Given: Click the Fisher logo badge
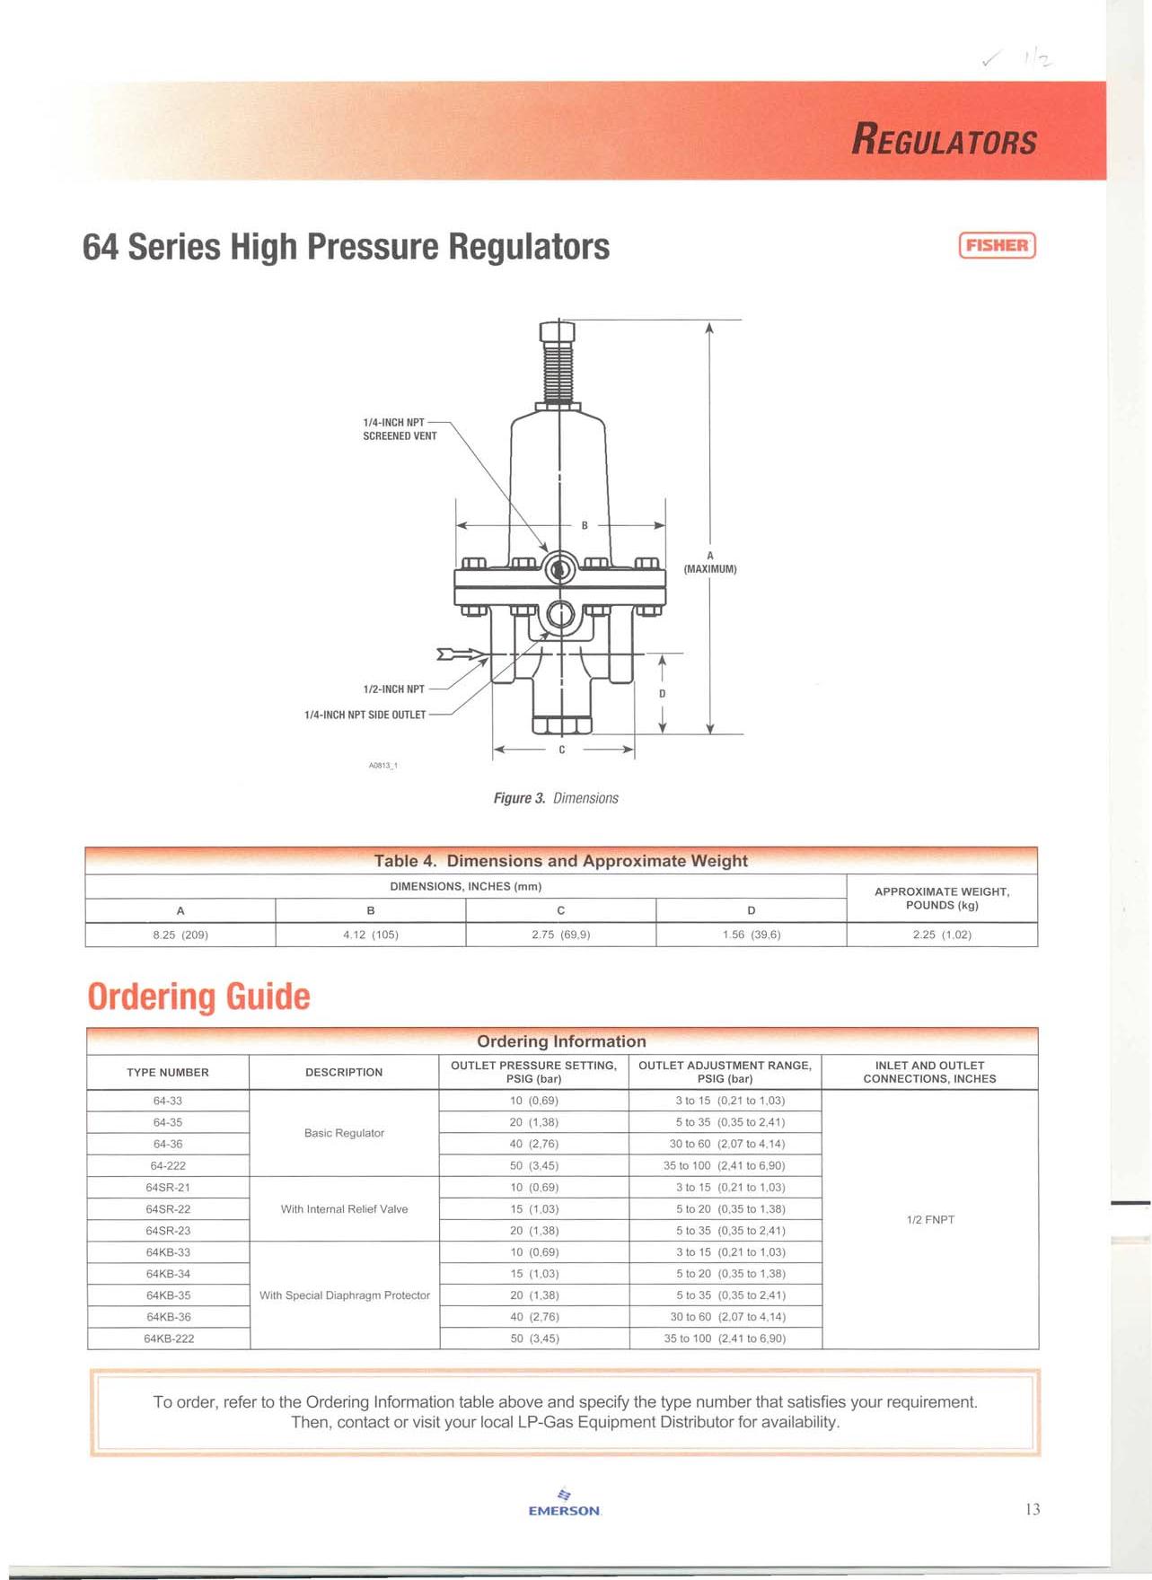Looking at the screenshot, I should (x=997, y=245).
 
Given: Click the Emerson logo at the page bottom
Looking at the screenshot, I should (x=564, y=1504).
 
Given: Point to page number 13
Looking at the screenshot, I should (x=1033, y=1509).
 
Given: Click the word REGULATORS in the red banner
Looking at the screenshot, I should (x=944, y=141).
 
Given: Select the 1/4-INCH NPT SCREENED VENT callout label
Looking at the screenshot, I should (x=400, y=429).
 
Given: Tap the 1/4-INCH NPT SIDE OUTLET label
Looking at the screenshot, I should (x=365, y=715).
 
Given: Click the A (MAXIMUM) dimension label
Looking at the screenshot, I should (x=710, y=563).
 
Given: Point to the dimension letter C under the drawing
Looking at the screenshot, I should (x=562, y=750).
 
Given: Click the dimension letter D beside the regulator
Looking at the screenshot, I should (x=663, y=694).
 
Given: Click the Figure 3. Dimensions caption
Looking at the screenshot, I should (x=556, y=798).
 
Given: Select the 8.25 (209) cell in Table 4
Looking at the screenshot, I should (x=180, y=935).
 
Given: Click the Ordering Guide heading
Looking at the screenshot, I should (x=198, y=996).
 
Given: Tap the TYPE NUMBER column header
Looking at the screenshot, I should (x=168, y=1072).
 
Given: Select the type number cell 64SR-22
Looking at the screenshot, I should (x=168, y=1209).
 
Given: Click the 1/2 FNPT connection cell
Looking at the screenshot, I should (x=930, y=1219).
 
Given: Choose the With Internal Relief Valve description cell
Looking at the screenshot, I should (x=344, y=1209).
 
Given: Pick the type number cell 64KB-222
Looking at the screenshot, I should (x=169, y=1339).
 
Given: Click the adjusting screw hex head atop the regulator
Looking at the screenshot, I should (x=558, y=332).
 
